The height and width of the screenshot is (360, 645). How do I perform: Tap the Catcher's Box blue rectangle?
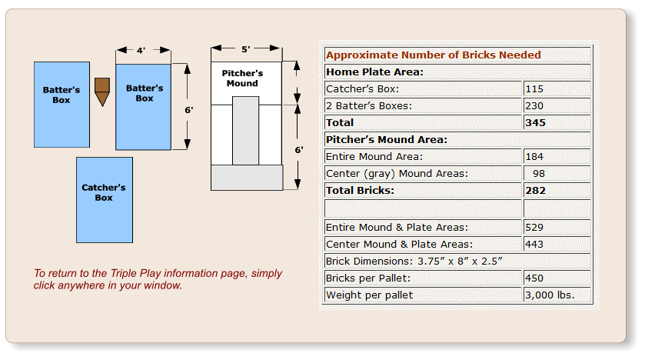point(104,199)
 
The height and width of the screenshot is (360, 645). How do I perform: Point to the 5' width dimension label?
point(245,49)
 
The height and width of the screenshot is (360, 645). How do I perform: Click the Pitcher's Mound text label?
point(243,78)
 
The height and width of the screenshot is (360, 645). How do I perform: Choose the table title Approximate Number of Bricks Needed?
point(433,55)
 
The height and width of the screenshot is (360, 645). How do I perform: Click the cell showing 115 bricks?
point(534,89)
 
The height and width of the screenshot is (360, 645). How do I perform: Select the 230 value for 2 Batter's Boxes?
point(534,106)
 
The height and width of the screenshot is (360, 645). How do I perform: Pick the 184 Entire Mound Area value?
point(534,157)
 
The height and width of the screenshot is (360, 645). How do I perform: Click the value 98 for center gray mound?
point(538,174)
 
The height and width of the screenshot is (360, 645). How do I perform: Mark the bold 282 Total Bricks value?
point(535,191)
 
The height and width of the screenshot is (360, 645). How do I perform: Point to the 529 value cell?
point(534,228)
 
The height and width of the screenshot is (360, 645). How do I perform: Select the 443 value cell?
point(534,245)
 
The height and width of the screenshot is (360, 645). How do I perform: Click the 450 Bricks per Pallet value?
point(534,278)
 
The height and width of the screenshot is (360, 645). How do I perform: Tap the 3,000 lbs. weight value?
point(549,295)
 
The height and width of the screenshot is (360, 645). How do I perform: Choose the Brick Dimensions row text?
point(414,262)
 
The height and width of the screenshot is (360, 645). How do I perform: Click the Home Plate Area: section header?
point(375,72)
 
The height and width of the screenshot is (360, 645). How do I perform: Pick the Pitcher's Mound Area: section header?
point(387,140)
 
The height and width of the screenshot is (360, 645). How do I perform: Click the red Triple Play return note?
point(158,279)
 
